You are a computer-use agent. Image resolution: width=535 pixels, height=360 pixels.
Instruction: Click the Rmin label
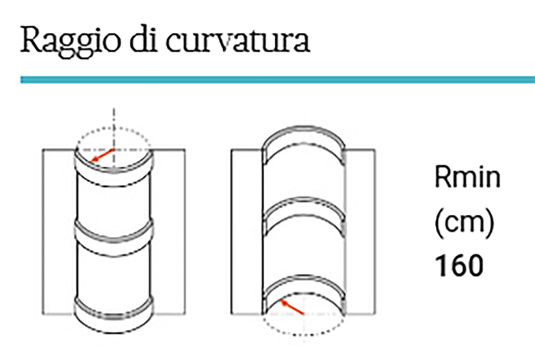[467, 178]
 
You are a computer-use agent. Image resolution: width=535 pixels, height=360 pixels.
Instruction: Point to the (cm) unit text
[464, 222]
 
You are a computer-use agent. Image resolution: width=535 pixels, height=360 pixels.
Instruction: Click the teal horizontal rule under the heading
[278, 80]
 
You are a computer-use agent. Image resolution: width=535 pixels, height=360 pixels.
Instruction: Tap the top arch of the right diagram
[304, 135]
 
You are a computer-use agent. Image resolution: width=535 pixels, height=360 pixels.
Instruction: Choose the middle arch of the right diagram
[304, 207]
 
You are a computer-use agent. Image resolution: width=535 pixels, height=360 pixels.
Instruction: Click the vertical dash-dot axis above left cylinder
[114, 118]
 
